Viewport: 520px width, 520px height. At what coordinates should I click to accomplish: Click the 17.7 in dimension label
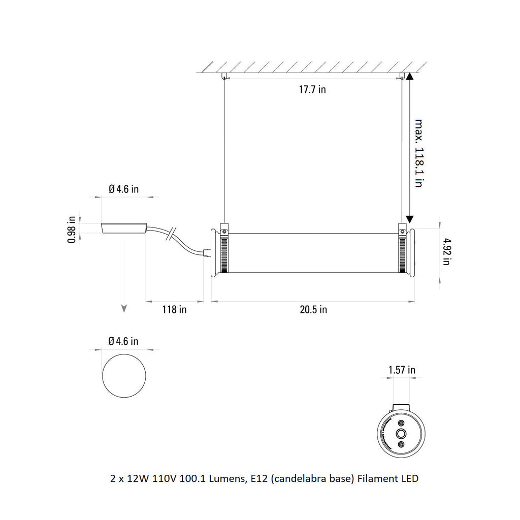click(x=312, y=90)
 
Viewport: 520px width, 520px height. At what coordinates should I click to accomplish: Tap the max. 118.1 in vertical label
click(x=418, y=153)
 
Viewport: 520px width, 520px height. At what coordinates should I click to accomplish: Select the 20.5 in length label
click(x=313, y=309)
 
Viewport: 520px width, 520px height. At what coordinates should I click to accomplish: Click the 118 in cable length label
click(x=174, y=309)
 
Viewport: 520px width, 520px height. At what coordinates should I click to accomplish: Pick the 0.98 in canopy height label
click(x=72, y=230)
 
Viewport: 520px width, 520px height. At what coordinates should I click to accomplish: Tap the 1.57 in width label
click(x=402, y=370)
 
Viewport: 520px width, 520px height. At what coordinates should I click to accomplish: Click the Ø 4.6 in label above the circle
click(x=123, y=341)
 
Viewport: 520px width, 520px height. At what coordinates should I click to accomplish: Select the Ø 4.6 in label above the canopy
click(x=124, y=189)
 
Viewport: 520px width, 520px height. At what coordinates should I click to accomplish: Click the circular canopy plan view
click(x=124, y=376)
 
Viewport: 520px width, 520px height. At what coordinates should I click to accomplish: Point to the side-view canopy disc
click(x=124, y=229)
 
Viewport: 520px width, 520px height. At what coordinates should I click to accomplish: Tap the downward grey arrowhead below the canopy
click(x=123, y=308)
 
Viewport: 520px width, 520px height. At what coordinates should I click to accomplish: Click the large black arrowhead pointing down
click(x=410, y=219)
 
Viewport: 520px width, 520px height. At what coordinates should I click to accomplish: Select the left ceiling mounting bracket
click(x=223, y=77)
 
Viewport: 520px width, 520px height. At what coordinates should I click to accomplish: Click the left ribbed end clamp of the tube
click(x=223, y=252)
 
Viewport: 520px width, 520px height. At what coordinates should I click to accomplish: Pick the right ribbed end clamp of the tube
click(x=403, y=252)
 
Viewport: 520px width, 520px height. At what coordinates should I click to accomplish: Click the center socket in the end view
click(x=401, y=433)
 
